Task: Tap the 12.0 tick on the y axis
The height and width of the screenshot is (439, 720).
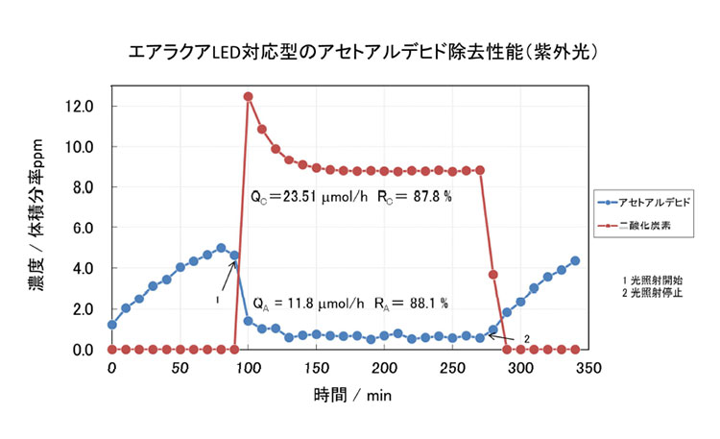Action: click(x=80, y=106)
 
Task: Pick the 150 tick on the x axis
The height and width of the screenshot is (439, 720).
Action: click(x=316, y=367)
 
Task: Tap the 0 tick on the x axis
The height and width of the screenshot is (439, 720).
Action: click(x=112, y=367)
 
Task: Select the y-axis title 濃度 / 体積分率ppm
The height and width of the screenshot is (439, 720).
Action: click(x=36, y=227)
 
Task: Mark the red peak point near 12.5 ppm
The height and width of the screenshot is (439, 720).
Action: click(x=249, y=96)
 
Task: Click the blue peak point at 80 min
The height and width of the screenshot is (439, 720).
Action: click(x=221, y=248)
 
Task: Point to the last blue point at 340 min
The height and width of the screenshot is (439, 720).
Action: click(x=575, y=260)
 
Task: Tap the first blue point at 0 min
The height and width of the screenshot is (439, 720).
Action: click(x=112, y=325)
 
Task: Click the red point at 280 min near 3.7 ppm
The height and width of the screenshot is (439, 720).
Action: click(x=493, y=275)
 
